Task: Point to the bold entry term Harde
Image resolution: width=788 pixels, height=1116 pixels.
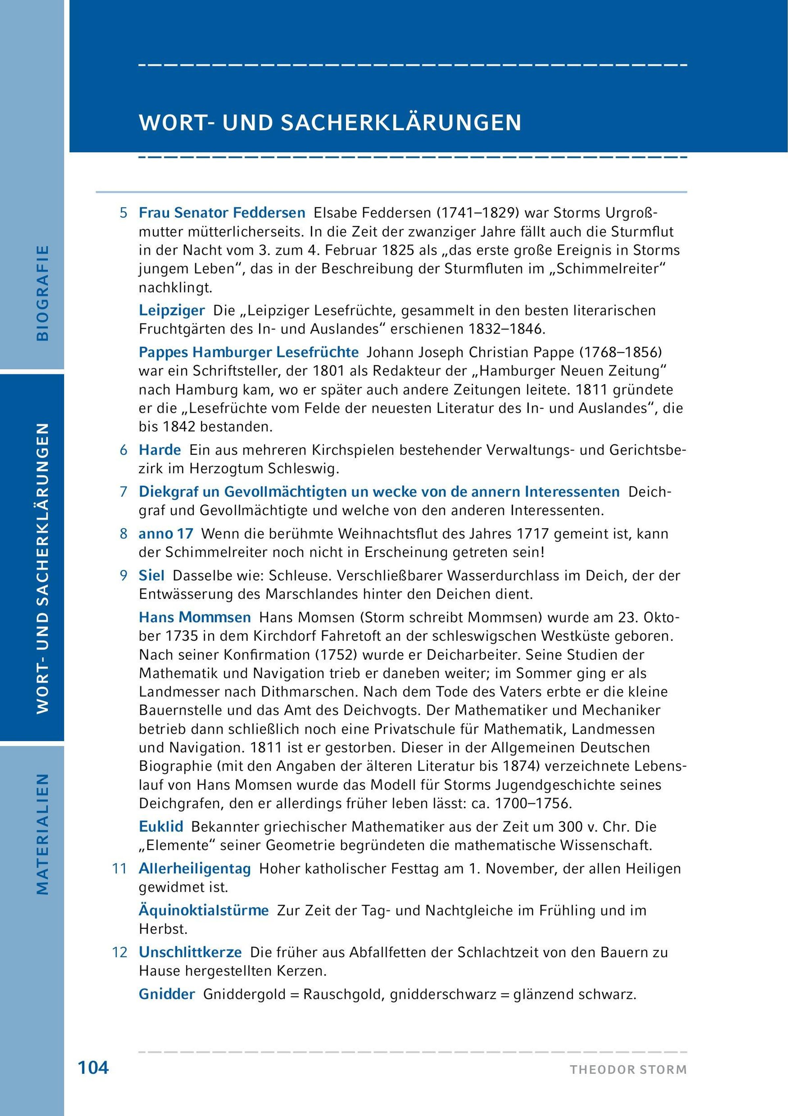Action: [160, 450]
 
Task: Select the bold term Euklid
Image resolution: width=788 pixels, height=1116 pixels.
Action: [161, 826]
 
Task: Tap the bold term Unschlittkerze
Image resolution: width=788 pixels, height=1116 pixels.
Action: [190, 952]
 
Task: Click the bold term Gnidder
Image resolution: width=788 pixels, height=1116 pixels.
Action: [167, 994]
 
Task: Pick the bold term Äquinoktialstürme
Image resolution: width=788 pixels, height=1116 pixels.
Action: [204, 910]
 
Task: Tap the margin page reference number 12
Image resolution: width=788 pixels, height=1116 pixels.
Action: [120, 952]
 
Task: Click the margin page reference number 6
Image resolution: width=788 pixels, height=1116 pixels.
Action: [123, 450]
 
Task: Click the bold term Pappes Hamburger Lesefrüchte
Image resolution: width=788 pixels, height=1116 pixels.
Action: [249, 352]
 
